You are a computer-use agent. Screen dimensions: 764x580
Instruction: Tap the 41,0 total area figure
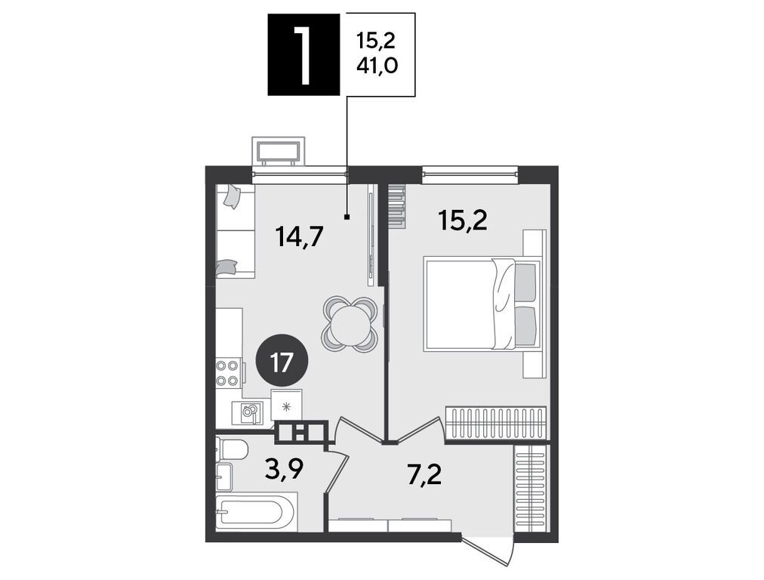pyautogui.click(x=377, y=65)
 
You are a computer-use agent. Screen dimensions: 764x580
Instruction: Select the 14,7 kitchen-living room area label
pyautogui.click(x=299, y=238)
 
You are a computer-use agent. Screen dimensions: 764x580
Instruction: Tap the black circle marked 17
pyautogui.click(x=282, y=364)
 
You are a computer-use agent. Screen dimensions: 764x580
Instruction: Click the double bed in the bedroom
pyautogui.click(x=483, y=304)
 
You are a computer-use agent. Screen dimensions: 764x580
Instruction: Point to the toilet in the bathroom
pyautogui.click(x=232, y=449)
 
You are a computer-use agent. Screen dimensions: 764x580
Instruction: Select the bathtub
pyautogui.click(x=256, y=512)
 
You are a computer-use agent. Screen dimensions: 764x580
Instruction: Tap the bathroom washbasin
pyautogui.click(x=224, y=477)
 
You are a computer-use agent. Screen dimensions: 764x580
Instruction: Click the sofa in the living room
pyautogui.click(x=236, y=231)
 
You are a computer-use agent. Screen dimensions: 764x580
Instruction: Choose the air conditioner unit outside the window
pyautogui.click(x=279, y=152)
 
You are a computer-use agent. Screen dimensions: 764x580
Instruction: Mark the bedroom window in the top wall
pyautogui.click(x=470, y=171)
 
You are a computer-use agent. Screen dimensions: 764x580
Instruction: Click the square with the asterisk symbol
pyautogui.click(x=287, y=404)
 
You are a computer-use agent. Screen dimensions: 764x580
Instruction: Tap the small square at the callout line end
pyautogui.click(x=347, y=217)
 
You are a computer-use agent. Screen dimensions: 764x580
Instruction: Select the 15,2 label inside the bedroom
pyautogui.click(x=462, y=221)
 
